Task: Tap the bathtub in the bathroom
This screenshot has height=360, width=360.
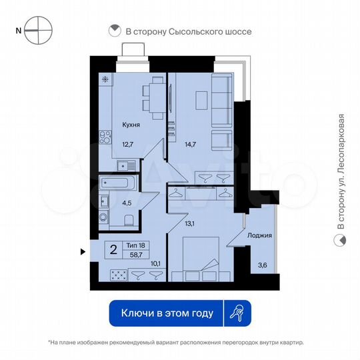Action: pyautogui.click(x=117, y=183)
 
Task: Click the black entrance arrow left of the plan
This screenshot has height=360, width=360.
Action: pyautogui.click(x=83, y=251)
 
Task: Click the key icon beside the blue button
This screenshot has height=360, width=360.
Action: pyautogui.click(x=237, y=312)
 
